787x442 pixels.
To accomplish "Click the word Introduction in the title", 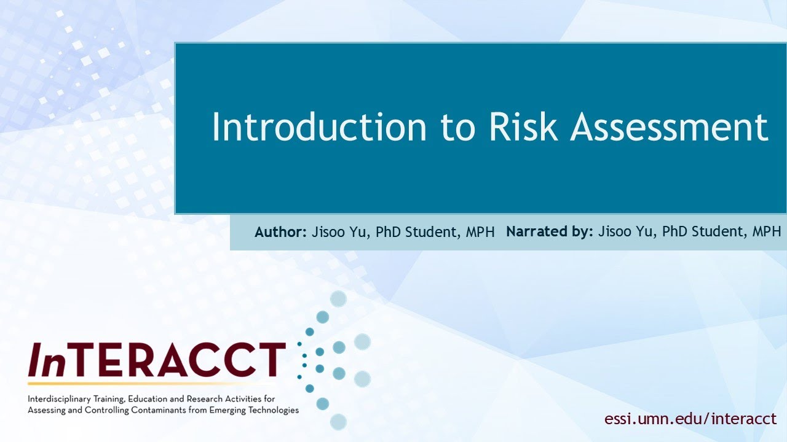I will [319, 128].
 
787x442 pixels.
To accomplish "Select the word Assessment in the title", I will [669, 128].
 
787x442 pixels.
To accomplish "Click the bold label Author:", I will [280, 232].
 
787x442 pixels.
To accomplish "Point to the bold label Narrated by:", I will [550, 232].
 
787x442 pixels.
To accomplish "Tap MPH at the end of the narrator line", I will [767, 232].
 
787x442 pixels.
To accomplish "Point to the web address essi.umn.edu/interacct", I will [690, 419].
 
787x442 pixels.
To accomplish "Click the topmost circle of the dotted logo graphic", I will [338, 299].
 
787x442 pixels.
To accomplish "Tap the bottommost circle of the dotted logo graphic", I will [338, 422].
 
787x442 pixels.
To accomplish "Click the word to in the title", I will [458, 128].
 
